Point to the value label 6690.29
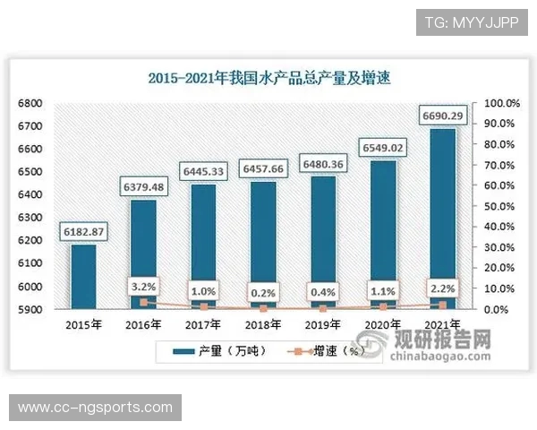tap(447, 116)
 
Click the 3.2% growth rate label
tap(144, 287)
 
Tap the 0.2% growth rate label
tap(263, 292)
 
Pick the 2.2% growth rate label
tap(443, 288)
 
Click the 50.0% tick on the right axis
tap(498, 207)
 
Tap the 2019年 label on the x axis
tap(323, 324)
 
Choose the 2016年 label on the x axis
tap(144, 324)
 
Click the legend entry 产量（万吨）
tap(220, 350)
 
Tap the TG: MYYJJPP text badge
tap(472, 21)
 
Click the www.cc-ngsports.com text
tap(95, 408)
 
